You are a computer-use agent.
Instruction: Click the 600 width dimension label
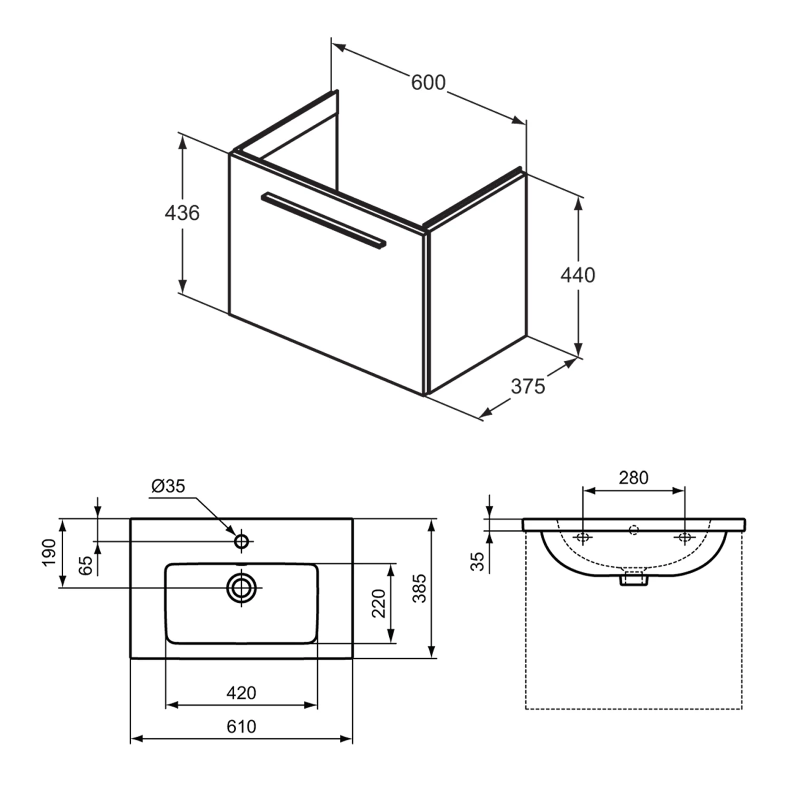(x=428, y=83)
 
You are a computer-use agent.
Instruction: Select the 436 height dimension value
(x=182, y=213)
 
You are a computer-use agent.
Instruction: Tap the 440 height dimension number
(x=577, y=275)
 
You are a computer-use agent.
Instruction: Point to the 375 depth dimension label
(x=527, y=387)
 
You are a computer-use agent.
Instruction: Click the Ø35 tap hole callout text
(x=168, y=486)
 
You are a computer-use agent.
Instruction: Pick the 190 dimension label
(x=49, y=552)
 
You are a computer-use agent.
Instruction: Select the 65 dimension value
(x=86, y=565)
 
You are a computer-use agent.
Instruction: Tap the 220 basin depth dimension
(x=379, y=603)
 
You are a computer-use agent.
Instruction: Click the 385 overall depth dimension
(x=419, y=588)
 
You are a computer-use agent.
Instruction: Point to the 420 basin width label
(x=241, y=692)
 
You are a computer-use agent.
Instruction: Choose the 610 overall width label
(x=241, y=726)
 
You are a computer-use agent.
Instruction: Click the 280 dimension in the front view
(x=633, y=478)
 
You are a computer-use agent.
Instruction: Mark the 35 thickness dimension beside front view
(x=477, y=561)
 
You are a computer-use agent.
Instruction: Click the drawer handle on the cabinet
(x=323, y=219)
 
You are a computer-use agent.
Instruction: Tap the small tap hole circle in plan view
(x=242, y=541)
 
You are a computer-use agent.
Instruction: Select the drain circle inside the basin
(x=242, y=587)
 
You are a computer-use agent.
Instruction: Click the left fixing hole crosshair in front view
(x=583, y=537)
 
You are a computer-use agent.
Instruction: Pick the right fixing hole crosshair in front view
(x=684, y=537)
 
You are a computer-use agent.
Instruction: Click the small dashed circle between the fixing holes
(x=634, y=530)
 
